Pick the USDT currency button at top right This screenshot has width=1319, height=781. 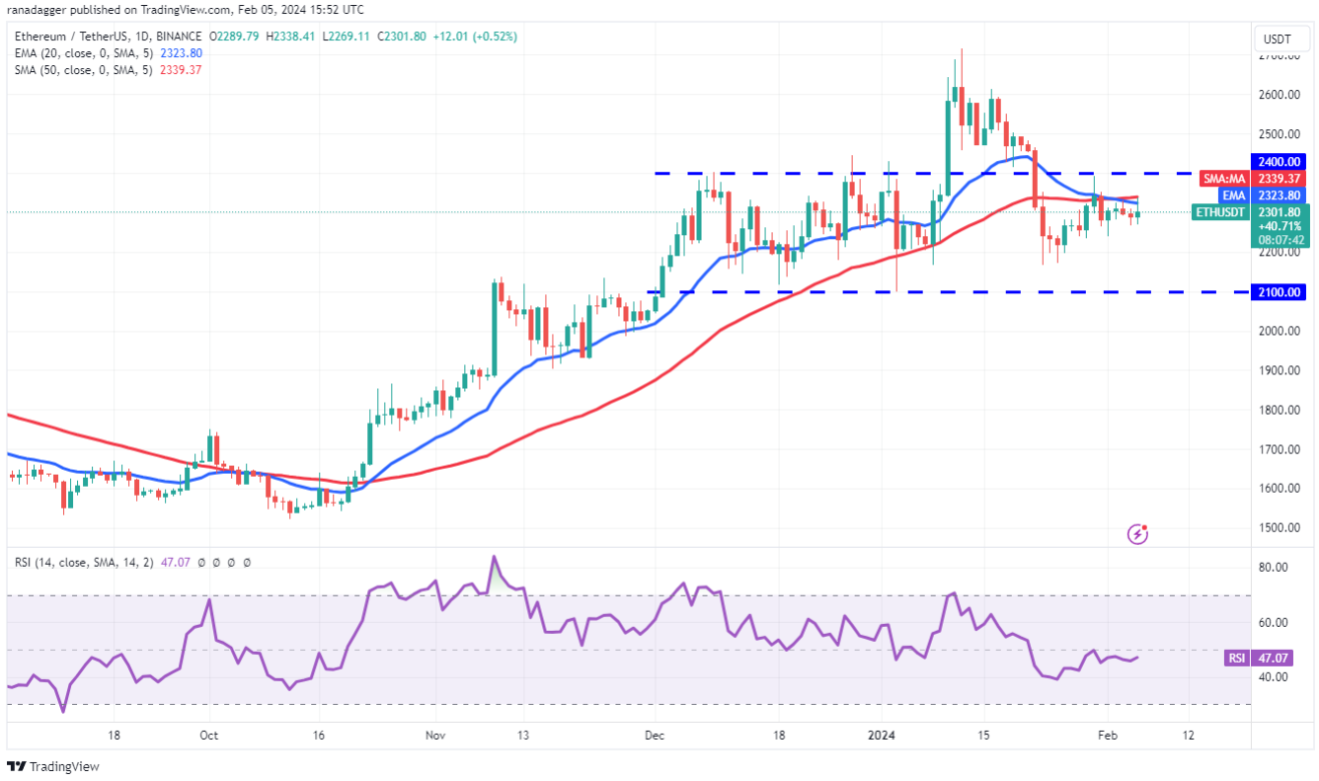coord(1280,39)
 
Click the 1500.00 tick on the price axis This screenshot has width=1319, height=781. coord(1278,528)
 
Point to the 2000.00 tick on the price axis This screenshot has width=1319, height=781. coord(1278,331)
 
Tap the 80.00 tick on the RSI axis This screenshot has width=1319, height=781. coord(1273,568)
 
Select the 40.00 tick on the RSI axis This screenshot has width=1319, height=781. coord(1273,677)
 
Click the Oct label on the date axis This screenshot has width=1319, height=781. coord(208,736)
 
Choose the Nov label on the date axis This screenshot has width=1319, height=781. coord(435,736)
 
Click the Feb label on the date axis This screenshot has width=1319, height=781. coord(1109,736)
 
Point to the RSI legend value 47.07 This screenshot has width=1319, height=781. coord(175,562)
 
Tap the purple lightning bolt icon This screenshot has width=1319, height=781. coord(1137,534)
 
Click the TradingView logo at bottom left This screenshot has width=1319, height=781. coord(54,766)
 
